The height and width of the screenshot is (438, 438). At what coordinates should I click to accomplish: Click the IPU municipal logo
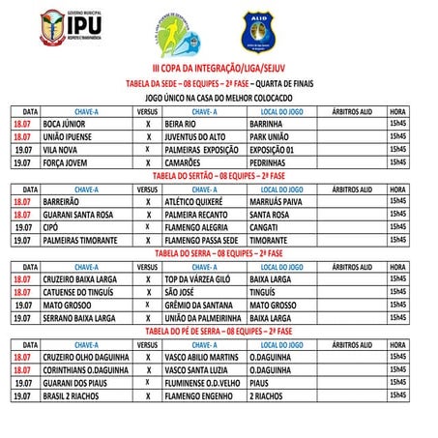point(64,29)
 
